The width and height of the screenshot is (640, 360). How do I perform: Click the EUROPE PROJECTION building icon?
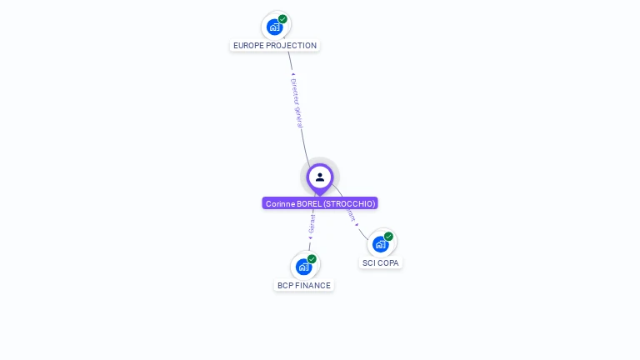(x=275, y=26)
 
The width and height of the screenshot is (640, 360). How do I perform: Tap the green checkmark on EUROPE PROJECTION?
(x=282, y=19)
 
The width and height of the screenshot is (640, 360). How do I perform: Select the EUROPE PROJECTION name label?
(x=275, y=46)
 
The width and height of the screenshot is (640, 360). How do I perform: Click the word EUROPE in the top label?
(x=248, y=46)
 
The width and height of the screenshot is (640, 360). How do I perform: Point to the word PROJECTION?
(x=291, y=46)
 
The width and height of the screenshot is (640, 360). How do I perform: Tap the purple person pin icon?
(x=320, y=177)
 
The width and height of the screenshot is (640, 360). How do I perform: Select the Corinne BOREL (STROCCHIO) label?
(x=320, y=203)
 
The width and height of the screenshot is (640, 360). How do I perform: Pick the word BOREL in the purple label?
(x=309, y=203)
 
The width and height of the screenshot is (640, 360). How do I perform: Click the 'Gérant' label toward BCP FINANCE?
(x=312, y=224)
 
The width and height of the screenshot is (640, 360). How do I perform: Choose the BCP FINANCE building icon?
(x=304, y=267)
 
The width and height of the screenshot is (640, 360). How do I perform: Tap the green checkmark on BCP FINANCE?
(x=312, y=259)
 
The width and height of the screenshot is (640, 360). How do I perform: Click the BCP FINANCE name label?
(x=304, y=286)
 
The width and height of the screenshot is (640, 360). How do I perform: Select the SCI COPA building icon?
(x=381, y=244)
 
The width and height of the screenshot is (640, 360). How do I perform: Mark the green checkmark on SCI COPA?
(x=388, y=237)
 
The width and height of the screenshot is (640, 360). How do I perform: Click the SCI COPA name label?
(x=381, y=263)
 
